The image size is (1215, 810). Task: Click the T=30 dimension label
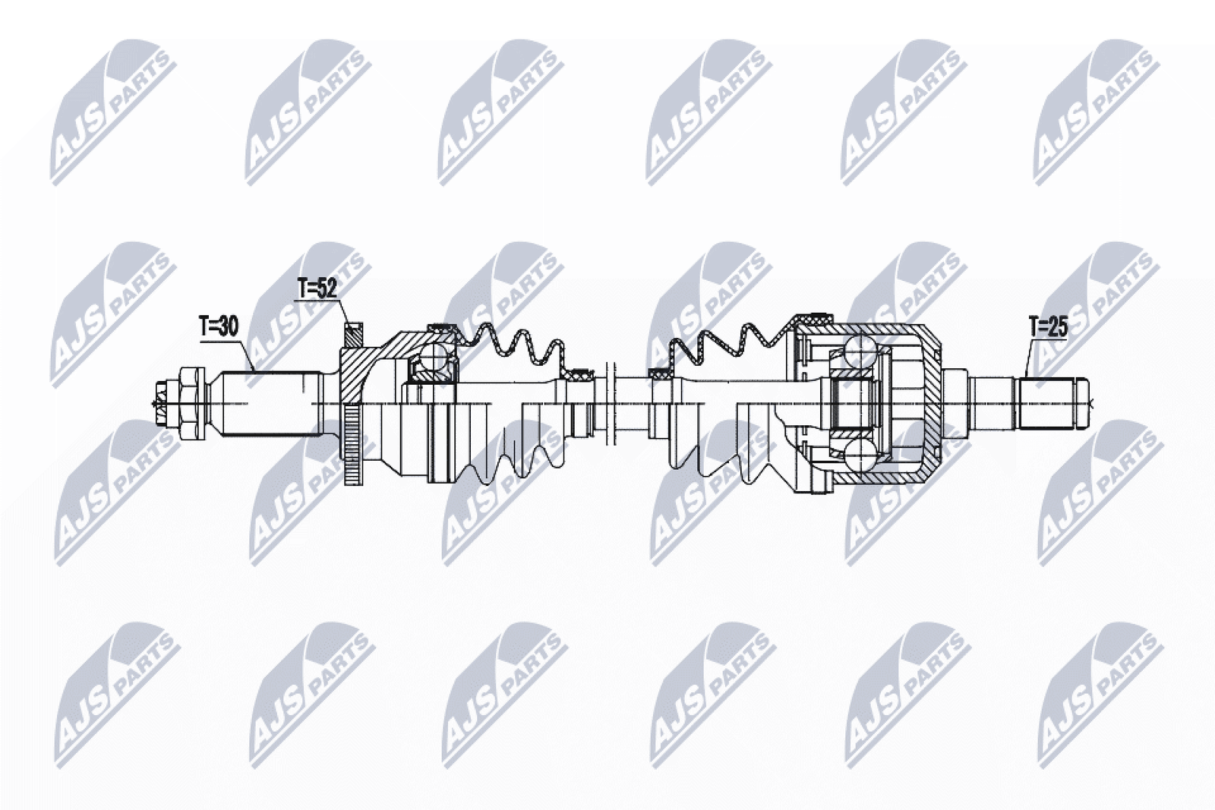tap(219, 327)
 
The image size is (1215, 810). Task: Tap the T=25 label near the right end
tap(1048, 327)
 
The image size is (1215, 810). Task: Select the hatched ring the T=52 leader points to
tap(353, 336)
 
